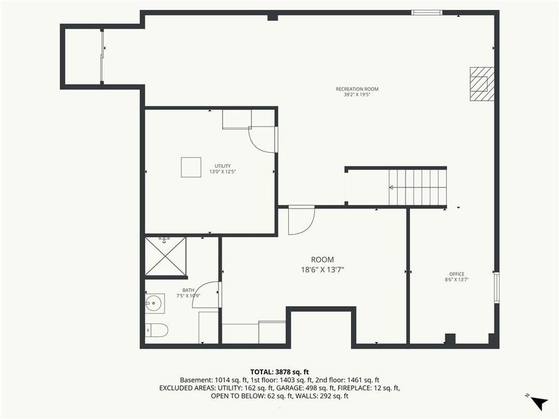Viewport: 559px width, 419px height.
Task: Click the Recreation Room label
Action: point(357,89)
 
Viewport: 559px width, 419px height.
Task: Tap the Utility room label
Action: point(222,166)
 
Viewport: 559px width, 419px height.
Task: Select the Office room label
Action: point(457,274)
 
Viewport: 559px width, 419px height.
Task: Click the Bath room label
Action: point(188,290)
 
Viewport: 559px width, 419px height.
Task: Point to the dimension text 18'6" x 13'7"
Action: point(322,269)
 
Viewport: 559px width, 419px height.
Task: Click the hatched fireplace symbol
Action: point(482,83)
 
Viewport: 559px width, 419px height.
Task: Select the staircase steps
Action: point(417,187)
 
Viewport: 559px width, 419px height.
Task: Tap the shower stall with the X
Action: point(166,256)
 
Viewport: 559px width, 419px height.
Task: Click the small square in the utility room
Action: point(191,167)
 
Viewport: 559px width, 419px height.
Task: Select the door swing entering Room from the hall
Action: point(301,219)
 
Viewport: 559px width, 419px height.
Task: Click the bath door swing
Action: point(206,295)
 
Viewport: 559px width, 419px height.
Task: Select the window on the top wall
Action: point(427,12)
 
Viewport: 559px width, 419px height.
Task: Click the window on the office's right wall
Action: point(496,287)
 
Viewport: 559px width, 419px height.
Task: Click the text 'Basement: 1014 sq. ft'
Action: point(209,379)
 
